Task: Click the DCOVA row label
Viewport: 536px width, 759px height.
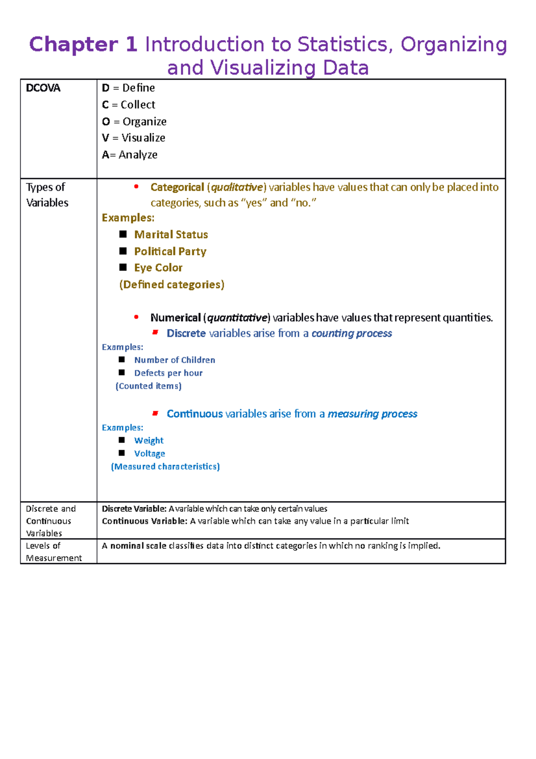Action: tap(43, 88)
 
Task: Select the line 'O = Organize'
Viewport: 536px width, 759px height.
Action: tap(134, 122)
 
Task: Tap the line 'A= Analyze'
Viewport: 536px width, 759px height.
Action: tap(130, 155)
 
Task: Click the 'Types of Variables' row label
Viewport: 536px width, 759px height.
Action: tap(46, 195)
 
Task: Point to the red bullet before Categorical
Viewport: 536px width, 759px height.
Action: tap(136, 187)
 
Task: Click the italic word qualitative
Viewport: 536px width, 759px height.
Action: tap(237, 187)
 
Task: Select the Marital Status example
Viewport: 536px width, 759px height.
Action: tap(171, 235)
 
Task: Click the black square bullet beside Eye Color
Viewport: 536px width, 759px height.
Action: tap(123, 267)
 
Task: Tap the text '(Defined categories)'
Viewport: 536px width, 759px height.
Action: tap(172, 285)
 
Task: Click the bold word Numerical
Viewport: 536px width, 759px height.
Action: tap(176, 318)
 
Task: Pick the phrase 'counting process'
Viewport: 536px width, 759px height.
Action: tap(352, 333)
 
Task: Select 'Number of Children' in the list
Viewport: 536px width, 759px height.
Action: tap(175, 360)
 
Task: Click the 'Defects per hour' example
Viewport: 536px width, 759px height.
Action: tap(168, 373)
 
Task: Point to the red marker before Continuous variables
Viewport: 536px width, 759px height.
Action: tap(155, 413)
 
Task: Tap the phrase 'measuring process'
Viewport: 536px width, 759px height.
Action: tap(373, 414)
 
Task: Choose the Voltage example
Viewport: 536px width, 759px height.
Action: tap(150, 453)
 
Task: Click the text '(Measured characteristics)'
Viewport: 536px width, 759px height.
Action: tap(165, 467)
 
